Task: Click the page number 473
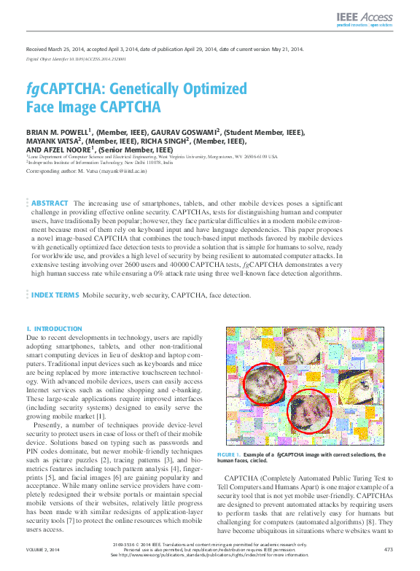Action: pos(388,549)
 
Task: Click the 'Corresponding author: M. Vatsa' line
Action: pos(87,171)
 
